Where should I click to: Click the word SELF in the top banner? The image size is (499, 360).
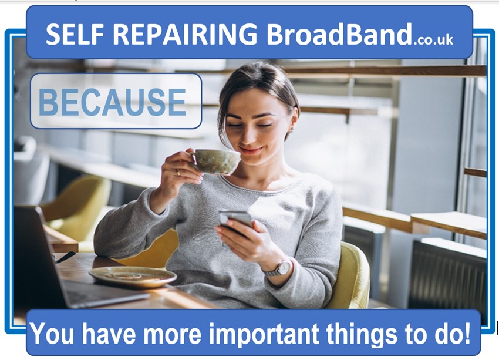[75, 34]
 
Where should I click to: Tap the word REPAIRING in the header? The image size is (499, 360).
[185, 34]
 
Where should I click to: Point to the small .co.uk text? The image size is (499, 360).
[433, 40]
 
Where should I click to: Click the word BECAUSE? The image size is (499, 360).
[112, 102]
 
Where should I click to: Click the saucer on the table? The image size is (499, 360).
[133, 277]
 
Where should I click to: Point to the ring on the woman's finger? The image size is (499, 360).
[178, 173]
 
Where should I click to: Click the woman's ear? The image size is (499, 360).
[293, 119]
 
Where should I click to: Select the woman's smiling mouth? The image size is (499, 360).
[251, 150]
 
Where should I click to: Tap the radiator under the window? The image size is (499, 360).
[447, 277]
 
